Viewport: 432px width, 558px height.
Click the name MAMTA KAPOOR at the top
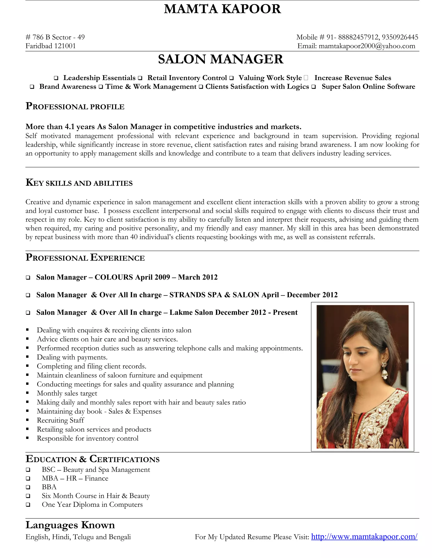coord(222,9)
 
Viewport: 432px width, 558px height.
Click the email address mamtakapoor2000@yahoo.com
coord(367,46)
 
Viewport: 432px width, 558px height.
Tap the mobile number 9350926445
coord(400,37)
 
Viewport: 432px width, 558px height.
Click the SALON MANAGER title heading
coord(221,59)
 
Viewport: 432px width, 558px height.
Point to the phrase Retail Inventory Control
coord(187,78)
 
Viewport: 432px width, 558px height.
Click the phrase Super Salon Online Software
coord(368,87)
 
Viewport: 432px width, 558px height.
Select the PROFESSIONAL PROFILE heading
coord(75,106)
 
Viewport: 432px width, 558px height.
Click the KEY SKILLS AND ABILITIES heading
coord(79,183)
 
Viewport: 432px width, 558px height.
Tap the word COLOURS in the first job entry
coord(114,277)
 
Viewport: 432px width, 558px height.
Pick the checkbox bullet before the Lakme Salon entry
coord(28,313)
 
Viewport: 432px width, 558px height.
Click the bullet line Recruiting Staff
coord(60,420)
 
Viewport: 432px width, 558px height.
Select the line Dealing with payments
coord(72,357)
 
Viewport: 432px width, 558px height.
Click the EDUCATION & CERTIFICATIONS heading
coord(92,459)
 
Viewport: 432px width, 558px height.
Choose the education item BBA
coord(49,487)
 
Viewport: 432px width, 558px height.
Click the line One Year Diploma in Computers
coord(92,505)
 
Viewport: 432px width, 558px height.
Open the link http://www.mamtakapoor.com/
coord(364,537)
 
